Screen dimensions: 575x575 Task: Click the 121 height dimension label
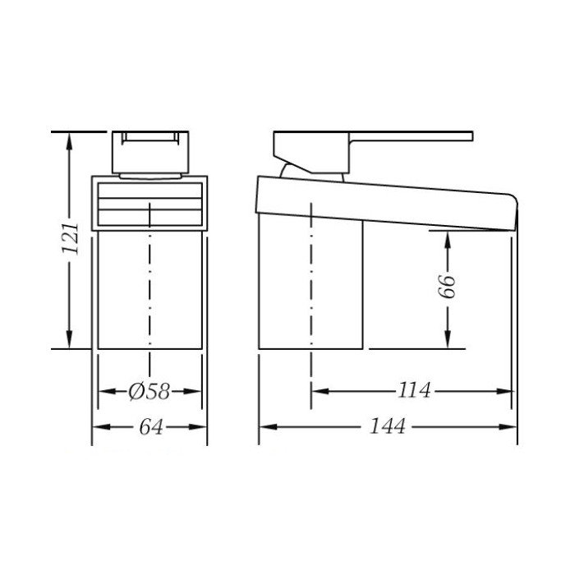[x=71, y=238]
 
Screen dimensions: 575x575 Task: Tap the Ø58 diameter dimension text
[x=149, y=392]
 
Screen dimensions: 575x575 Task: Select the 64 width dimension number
[x=150, y=427]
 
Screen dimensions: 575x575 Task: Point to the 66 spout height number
[x=448, y=286]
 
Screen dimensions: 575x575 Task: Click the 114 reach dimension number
[x=414, y=390]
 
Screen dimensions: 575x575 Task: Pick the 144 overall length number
[x=387, y=426]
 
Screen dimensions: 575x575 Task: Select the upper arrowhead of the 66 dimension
[x=448, y=240]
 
